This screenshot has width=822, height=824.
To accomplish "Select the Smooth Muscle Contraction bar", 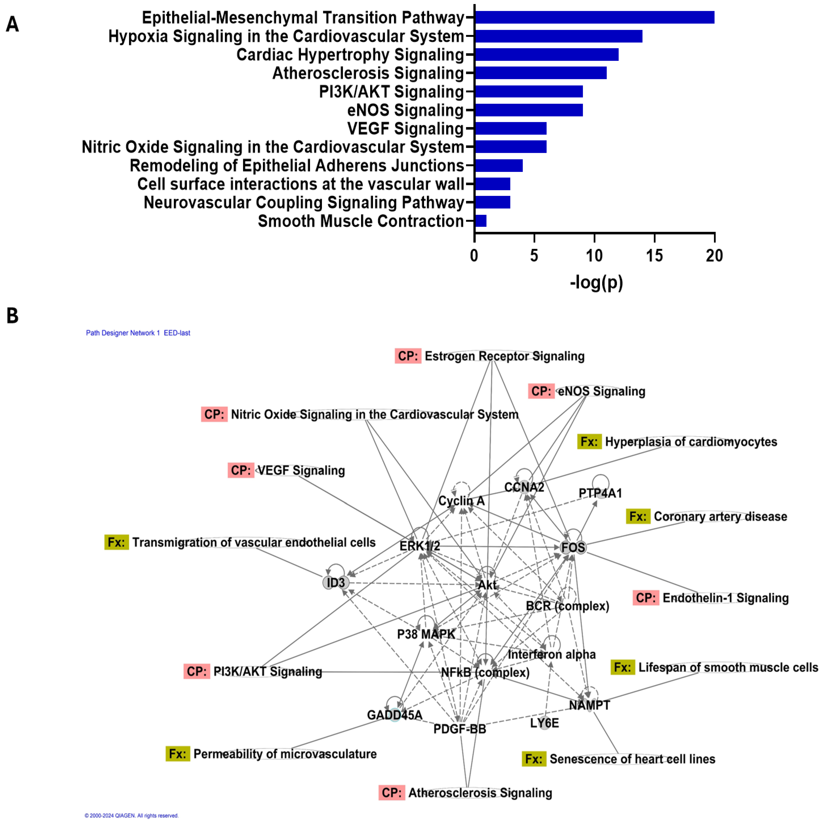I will [480, 221].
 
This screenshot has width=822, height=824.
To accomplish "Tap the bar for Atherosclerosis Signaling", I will [541, 73].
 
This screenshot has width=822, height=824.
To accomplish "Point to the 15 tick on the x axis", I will [654, 256].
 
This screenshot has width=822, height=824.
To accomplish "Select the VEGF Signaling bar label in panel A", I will [405, 128].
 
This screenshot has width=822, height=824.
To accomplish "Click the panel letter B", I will [12, 316].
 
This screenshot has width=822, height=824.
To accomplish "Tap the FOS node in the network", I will [573, 547].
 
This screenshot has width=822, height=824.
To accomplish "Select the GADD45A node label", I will [394, 715].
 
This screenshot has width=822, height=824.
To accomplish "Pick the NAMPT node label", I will [589, 705].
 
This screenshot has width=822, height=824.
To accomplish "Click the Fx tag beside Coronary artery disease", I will [638, 516].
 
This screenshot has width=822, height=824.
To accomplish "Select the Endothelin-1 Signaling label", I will [725, 598].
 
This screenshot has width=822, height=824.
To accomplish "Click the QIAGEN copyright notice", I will [131, 816].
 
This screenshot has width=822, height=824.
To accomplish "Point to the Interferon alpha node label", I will [552, 654].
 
